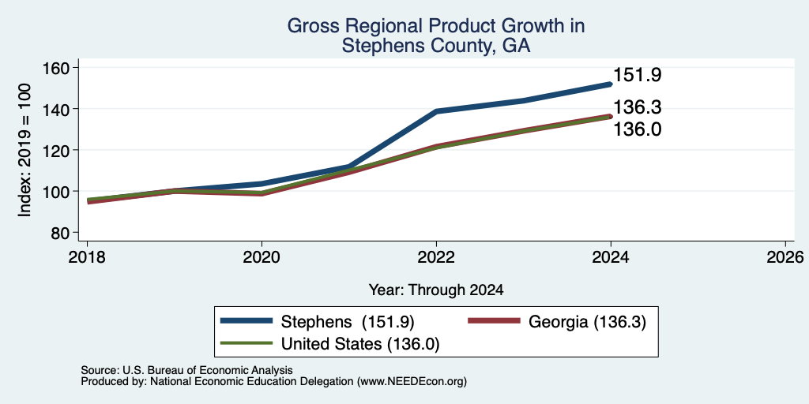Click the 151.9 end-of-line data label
pos(638,76)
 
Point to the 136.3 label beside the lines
pos(638,107)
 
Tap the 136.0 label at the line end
pos(638,129)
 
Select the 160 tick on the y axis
pos(58,68)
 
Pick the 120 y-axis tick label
pos(58,150)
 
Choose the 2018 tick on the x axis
pos(87,256)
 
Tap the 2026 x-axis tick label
pos(785,256)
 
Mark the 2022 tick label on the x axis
pos(436,256)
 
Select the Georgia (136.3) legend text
pos(587,322)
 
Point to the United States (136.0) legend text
pos(360,344)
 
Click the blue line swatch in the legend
pos(246,321)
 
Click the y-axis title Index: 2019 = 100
pos(24,150)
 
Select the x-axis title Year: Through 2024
pos(436,290)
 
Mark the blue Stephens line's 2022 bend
pos(436,111)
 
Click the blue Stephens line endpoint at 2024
pos(610,84)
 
